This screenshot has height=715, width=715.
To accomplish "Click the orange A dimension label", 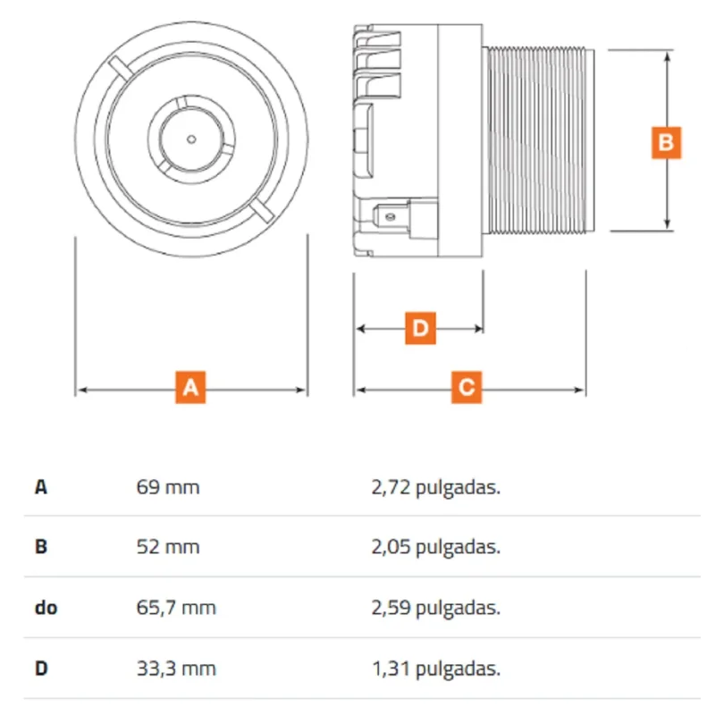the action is click(190, 388).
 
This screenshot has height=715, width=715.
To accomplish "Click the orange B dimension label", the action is click(666, 143).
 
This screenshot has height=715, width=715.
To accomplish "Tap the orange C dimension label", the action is click(467, 388).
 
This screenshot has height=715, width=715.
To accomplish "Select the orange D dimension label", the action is click(420, 328).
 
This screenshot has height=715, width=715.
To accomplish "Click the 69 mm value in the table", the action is click(168, 487).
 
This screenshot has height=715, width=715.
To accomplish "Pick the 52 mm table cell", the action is click(168, 547).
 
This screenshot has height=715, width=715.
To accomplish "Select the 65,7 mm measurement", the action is click(176, 608).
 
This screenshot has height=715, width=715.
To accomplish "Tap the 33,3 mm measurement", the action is click(176, 669).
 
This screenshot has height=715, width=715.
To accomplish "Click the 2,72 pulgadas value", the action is click(436, 488).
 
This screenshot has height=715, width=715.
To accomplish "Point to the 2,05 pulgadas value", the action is click(436, 547).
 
